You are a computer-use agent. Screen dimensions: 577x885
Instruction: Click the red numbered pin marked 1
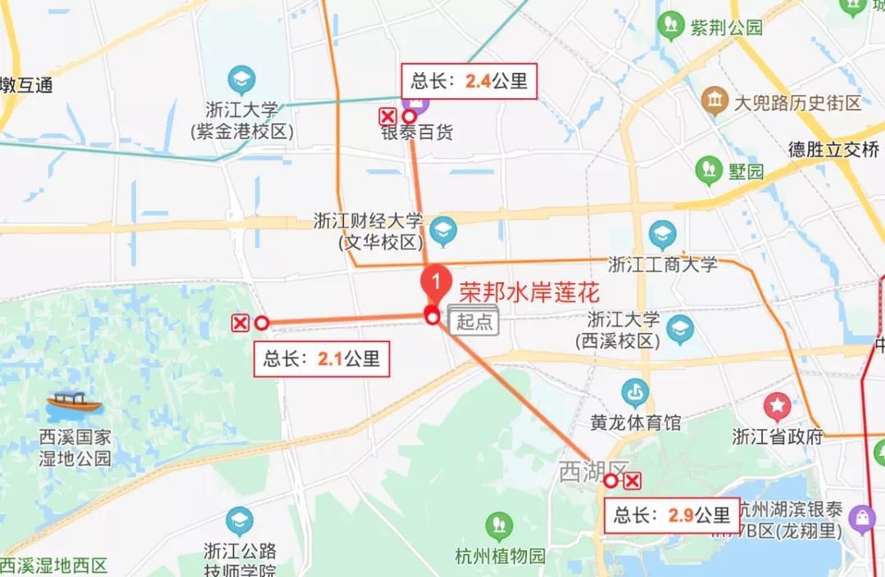click(x=436, y=282)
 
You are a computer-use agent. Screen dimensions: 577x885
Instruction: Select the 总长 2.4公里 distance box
click(x=469, y=81)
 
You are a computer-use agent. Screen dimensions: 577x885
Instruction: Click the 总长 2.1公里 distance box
click(x=321, y=358)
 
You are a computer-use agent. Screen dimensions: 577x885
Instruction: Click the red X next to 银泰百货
click(x=388, y=116)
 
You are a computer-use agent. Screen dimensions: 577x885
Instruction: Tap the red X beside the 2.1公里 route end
click(x=240, y=323)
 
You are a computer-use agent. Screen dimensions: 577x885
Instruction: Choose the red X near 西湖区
click(x=632, y=480)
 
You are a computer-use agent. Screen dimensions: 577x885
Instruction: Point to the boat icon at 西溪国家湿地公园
click(x=74, y=402)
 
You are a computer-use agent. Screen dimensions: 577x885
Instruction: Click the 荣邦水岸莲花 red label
click(x=529, y=291)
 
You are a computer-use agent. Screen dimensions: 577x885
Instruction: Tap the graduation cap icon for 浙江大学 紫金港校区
click(x=242, y=80)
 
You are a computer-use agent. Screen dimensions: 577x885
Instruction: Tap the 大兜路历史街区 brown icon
click(x=715, y=101)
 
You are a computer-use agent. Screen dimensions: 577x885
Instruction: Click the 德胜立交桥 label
click(x=833, y=149)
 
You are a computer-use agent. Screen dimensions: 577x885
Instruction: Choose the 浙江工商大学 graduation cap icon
click(x=662, y=236)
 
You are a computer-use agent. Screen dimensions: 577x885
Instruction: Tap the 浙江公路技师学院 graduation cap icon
click(x=240, y=521)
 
